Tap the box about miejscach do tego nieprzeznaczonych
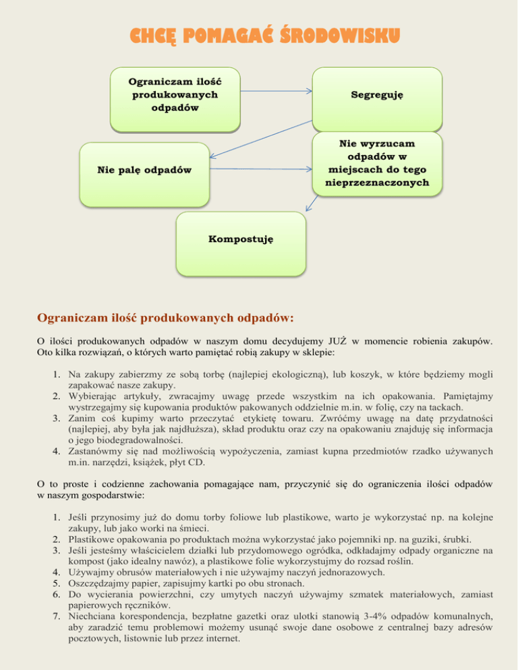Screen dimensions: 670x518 (377, 163)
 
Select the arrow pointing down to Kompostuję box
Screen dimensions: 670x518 (311, 203)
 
